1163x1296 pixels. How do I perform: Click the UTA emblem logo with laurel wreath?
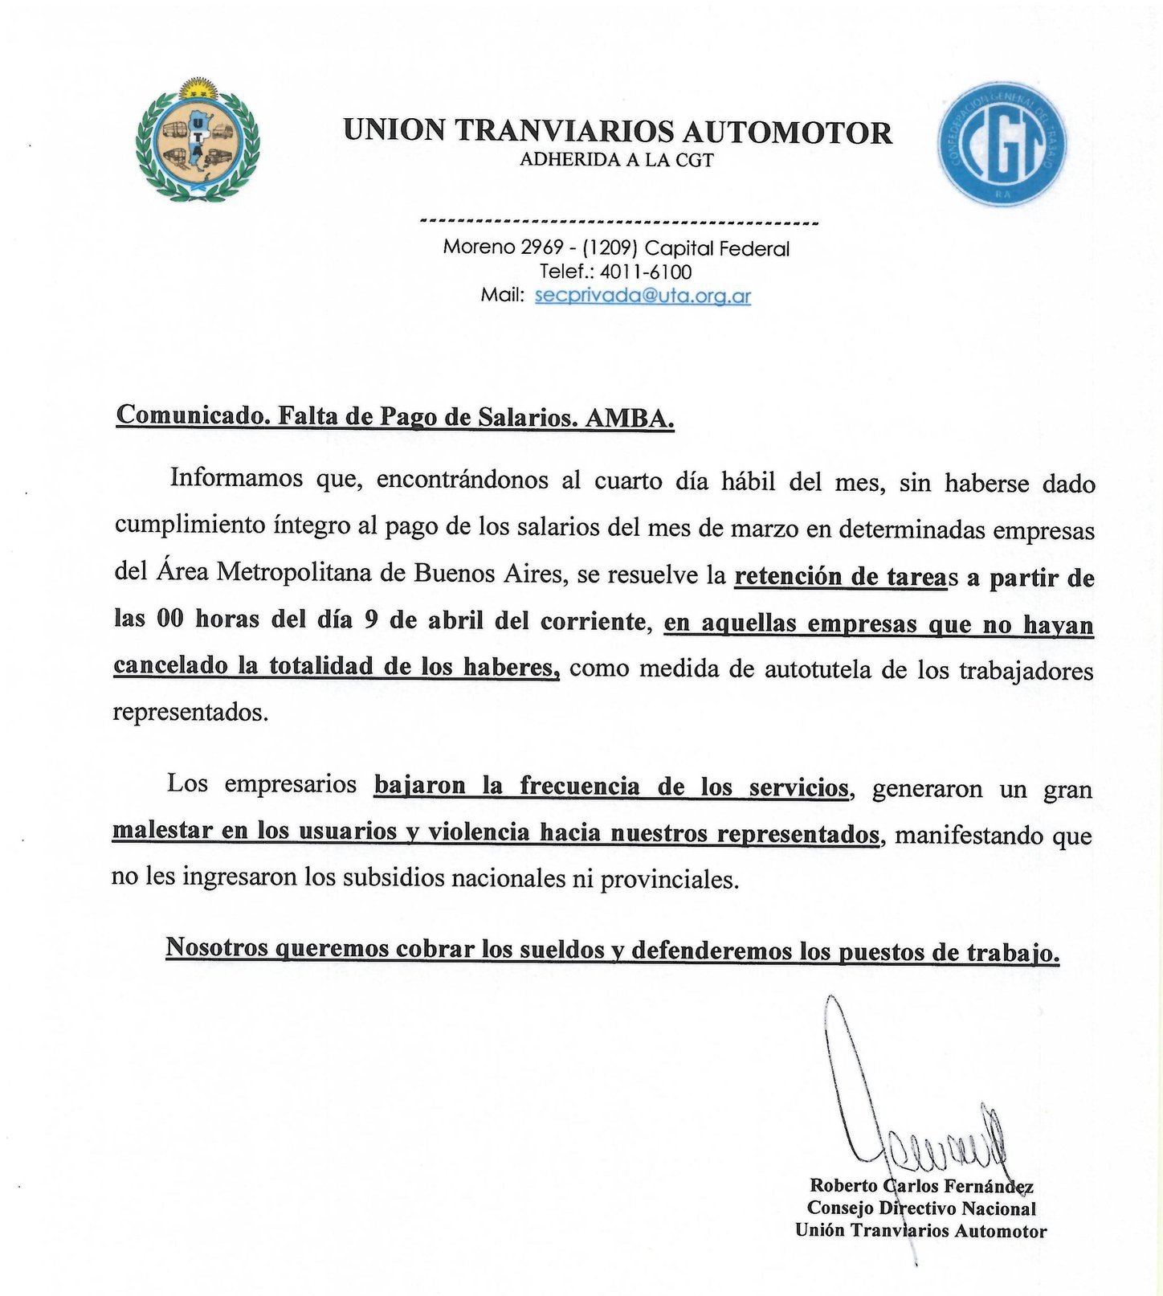click(x=198, y=139)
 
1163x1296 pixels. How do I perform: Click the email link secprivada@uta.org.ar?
click(x=643, y=295)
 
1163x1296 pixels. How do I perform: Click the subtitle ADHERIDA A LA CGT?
click(x=617, y=160)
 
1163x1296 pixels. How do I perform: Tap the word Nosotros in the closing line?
click(x=215, y=948)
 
